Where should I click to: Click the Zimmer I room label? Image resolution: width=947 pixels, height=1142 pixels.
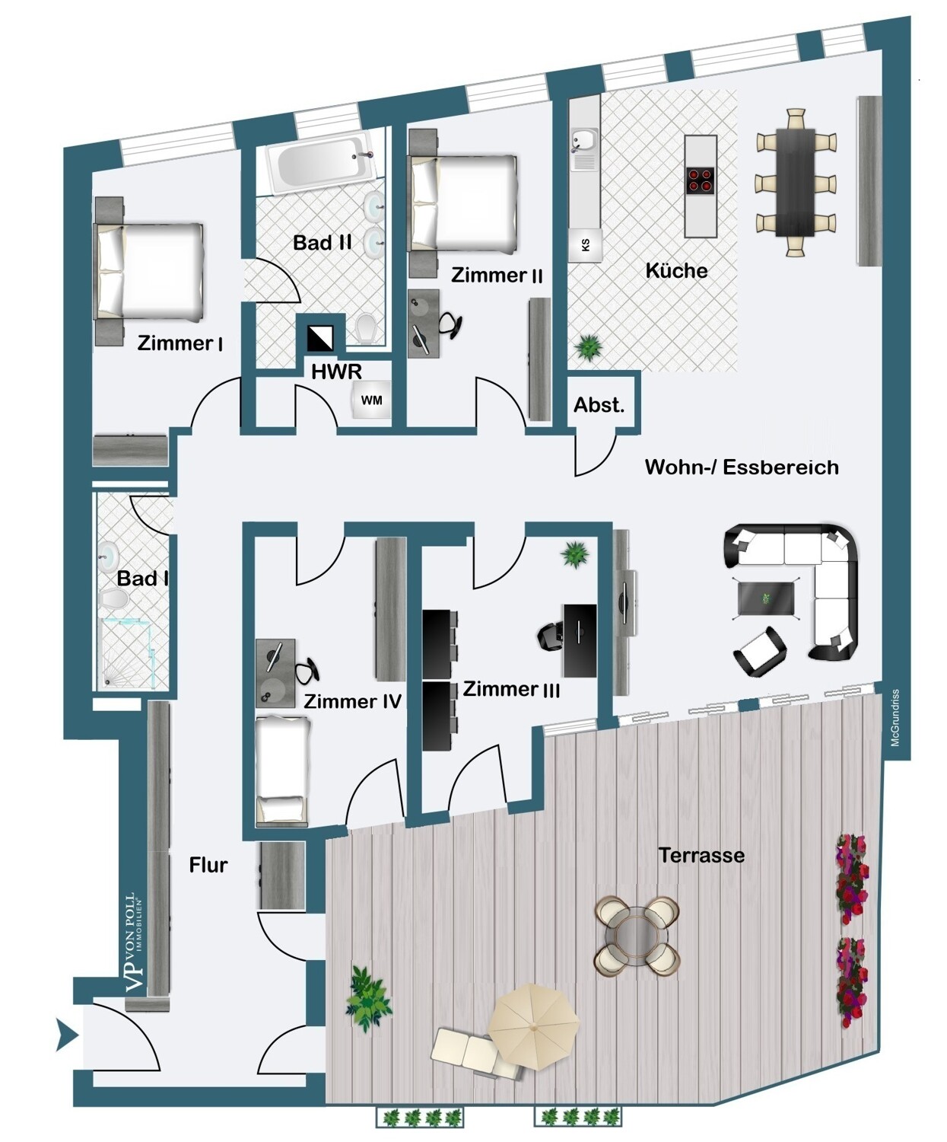[x=180, y=343]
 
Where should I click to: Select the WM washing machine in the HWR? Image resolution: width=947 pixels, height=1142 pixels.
[x=371, y=400]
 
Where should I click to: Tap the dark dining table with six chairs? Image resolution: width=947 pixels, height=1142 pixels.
[x=796, y=182]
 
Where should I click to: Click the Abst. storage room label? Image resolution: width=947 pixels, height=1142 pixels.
[x=599, y=405]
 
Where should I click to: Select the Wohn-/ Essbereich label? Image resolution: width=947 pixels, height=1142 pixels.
[x=742, y=467]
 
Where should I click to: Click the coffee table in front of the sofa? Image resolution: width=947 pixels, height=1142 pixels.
[x=765, y=598]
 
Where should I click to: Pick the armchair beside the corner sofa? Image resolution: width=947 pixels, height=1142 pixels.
[x=761, y=651]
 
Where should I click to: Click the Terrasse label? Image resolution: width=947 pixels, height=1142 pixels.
[x=701, y=855]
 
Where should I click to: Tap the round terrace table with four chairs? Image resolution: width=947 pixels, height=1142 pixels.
[x=637, y=936]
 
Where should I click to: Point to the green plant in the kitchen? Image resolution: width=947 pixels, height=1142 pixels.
[x=589, y=346]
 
